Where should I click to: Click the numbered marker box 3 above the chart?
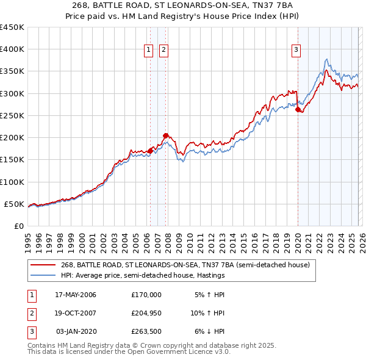[x=296, y=51]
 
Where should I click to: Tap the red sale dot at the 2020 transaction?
[x=298, y=110]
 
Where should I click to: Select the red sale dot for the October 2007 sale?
[x=165, y=135]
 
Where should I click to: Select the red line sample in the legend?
[x=43, y=265]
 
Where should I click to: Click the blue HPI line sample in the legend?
[x=43, y=276]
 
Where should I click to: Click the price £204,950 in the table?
[x=146, y=313]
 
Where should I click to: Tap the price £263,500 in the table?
[x=146, y=331]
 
